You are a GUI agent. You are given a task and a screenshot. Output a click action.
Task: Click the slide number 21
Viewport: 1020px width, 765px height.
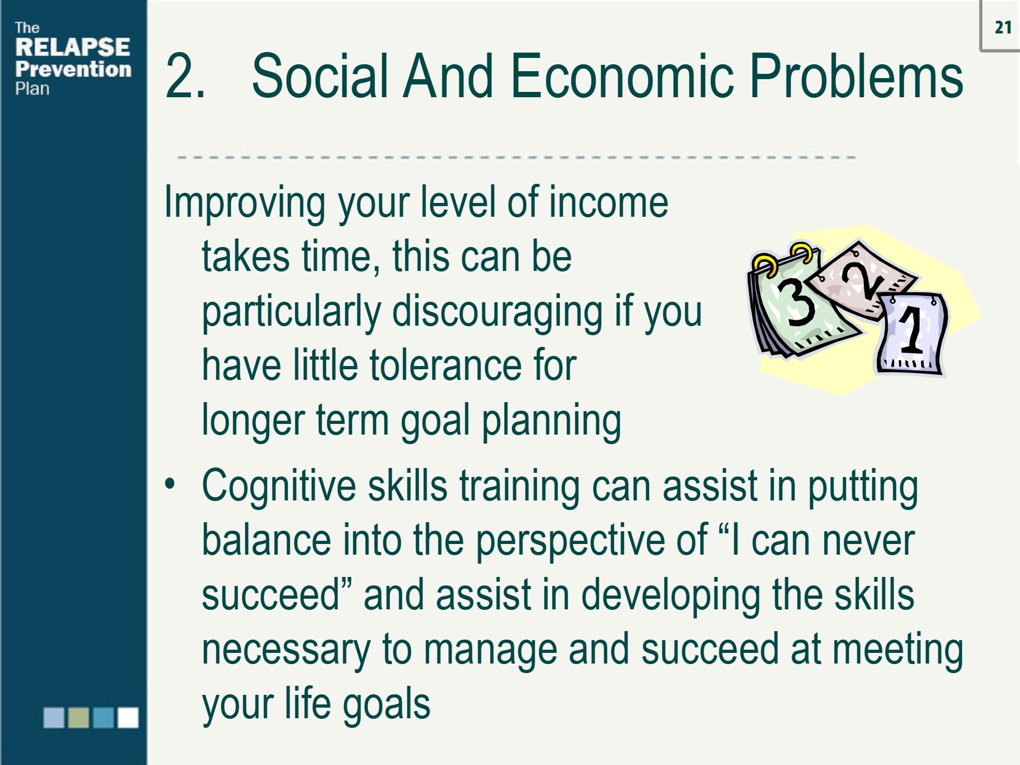click(1002, 27)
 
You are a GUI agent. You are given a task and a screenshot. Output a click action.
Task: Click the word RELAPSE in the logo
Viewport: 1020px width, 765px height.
click(73, 47)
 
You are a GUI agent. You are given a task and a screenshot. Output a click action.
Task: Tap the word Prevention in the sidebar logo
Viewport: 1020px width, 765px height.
click(73, 69)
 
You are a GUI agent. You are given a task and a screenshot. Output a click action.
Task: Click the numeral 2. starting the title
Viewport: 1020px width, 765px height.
click(185, 77)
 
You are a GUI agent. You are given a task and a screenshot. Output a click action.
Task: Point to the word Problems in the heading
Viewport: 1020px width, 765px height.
click(856, 77)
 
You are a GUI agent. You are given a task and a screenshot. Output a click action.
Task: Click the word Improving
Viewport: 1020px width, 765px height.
click(245, 203)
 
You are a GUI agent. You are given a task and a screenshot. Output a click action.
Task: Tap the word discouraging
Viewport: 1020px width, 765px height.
click(497, 312)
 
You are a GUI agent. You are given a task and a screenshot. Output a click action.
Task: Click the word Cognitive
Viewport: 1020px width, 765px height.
click(279, 486)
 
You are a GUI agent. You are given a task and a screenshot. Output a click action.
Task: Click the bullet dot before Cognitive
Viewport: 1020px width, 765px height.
click(170, 483)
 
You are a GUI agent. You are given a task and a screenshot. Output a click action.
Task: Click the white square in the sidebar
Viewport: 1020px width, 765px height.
click(128, 717)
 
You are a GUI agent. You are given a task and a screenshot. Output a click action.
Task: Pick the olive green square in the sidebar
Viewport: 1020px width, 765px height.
click(79, 717)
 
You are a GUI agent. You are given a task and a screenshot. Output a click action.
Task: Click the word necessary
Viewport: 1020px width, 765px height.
click(286, 650)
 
